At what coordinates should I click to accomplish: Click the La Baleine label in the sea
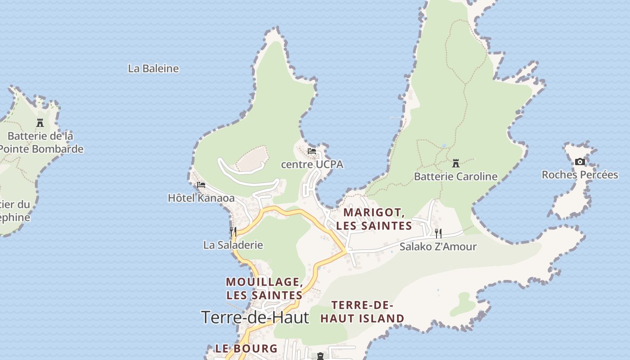point(153,69)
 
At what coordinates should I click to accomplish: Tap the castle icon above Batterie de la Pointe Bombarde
point(40,122)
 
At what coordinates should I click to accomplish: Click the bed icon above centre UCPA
point(312,151)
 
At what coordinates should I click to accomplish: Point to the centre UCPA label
point(312,165)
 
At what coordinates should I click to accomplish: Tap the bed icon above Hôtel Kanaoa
point(201,184)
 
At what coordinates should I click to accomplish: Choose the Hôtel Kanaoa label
point(201,198)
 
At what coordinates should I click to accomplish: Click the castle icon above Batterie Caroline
point(456,163)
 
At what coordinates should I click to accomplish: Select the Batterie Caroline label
point(456,176)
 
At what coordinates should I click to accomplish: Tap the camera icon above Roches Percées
point(580,162)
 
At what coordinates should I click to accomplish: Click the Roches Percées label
point(580,175)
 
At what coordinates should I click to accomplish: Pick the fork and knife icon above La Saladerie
point(233,232)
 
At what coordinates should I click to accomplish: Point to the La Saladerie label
point(233,245)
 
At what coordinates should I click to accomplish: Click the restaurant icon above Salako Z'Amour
point(438,233)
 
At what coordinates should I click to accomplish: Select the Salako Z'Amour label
point(438,247)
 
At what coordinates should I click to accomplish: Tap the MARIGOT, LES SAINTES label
point(374,219)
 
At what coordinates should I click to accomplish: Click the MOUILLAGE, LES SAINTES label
point(264,288)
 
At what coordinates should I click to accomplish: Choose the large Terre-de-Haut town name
point(255,317)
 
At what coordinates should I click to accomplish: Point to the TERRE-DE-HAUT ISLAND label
point(362,312)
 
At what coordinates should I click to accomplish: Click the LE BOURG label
point(246,348)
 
